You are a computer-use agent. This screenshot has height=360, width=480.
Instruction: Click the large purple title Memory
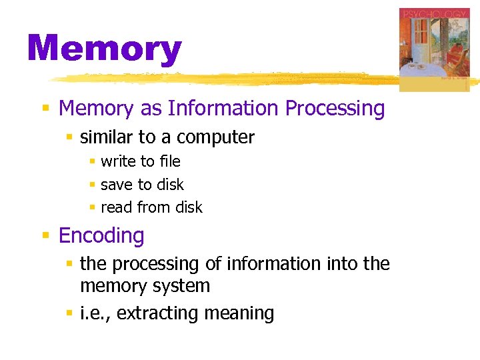104,50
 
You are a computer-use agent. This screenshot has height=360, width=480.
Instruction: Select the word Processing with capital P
343,108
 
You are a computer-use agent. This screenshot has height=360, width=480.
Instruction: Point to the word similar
106,137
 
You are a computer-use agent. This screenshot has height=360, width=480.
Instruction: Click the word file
169,161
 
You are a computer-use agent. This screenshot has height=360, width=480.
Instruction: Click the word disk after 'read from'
189,207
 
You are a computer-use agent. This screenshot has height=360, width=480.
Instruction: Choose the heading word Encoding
101,235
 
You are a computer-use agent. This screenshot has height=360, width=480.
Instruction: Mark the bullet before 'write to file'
93,162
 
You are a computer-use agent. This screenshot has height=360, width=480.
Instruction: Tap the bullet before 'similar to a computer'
69,138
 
